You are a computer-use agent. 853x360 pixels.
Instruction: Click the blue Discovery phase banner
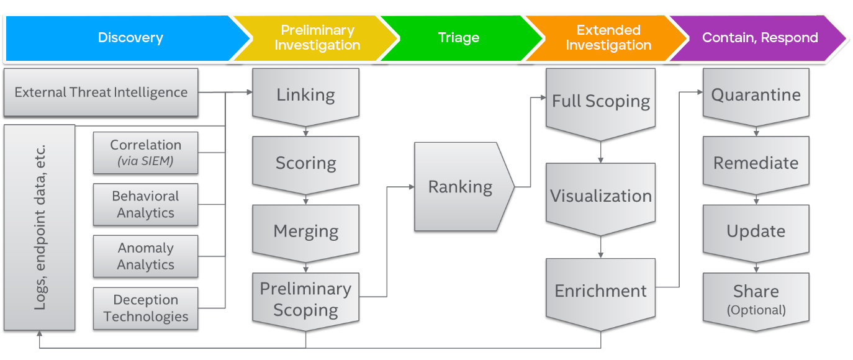[x=130, y=38]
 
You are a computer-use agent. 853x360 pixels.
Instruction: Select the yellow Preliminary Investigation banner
[x=317, y=38]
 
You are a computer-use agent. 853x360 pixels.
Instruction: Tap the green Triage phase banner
[x=458, y=38]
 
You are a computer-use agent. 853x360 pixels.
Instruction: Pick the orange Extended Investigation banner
[x=608, y=38]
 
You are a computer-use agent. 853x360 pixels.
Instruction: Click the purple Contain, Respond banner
[x=760, y=38]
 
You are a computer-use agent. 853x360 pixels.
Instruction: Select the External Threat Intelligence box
[x=101, y=92]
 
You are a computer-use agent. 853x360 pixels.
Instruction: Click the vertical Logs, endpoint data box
[x=40, y=227]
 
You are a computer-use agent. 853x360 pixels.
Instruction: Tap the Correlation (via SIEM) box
[x=145, y=153]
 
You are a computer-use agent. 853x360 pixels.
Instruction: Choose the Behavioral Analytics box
[x=145, y=204]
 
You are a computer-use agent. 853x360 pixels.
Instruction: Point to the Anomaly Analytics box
[x=145, y=256]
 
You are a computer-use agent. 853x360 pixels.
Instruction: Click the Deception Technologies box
[x=145, y=308]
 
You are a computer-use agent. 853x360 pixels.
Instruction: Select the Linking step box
[x=305, y=95]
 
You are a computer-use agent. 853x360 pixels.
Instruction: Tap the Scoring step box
[x=305, y=163]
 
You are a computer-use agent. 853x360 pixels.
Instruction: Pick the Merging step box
[x=305, y=231]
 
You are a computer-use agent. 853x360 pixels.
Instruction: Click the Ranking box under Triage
[x=461, y=186]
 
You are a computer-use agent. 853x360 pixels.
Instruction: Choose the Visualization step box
[x=600, y=196]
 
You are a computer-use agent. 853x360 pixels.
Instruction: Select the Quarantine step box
[x=756, y=95]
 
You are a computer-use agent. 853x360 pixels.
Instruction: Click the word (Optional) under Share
[x=756, y=310]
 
